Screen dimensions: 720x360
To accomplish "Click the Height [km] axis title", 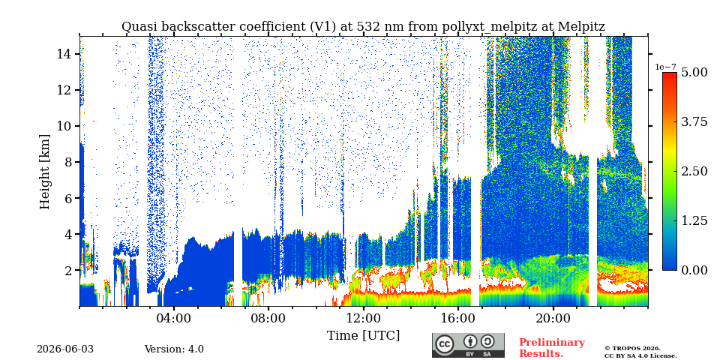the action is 44,172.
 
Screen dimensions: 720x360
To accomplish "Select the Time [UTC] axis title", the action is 363,336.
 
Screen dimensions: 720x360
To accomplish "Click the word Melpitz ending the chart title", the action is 582,27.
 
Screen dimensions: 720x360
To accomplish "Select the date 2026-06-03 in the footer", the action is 65,349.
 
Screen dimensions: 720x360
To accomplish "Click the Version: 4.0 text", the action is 174,349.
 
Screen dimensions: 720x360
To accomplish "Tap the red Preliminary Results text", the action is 552,348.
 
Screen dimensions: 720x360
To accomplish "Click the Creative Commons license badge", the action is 468,345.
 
